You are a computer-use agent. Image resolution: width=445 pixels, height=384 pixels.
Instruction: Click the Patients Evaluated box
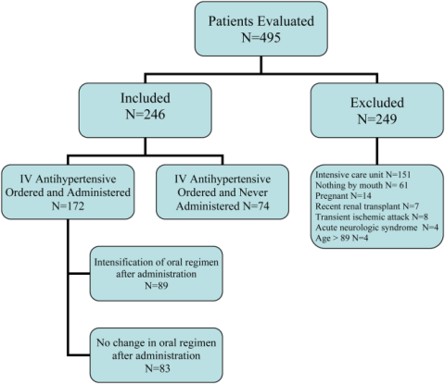(261, 29)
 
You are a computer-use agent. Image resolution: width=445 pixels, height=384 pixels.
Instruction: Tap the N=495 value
(261, 38)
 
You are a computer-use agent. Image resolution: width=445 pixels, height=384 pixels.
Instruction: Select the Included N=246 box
(146, 110)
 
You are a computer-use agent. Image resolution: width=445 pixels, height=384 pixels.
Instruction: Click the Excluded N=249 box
(377, 110)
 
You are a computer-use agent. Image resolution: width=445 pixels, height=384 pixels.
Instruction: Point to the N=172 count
(68, 205)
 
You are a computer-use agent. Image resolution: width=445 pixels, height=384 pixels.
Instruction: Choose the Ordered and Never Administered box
(222, 192)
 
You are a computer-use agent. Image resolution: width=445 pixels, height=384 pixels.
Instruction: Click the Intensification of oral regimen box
(156, 274)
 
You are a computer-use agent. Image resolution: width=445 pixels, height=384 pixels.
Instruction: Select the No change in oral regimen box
(156, 355)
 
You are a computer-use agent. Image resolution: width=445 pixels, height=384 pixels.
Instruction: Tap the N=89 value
(157, 285)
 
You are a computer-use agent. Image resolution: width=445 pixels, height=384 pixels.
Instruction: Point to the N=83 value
(158, 368)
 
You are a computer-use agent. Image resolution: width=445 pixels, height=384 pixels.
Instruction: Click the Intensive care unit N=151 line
(362, 175)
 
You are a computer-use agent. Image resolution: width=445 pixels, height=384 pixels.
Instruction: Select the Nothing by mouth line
(362, 185)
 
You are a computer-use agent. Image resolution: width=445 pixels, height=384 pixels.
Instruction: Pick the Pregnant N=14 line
(343, 196)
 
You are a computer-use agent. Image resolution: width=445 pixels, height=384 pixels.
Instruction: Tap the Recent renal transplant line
(367, 206)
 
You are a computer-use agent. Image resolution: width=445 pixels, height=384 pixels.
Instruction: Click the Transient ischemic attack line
(372, 217)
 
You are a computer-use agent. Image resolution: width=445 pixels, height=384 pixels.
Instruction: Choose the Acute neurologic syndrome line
(376, 228)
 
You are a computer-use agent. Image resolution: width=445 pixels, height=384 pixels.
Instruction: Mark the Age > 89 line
(342, 238)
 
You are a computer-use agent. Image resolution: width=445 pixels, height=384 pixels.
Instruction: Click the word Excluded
(377, 103)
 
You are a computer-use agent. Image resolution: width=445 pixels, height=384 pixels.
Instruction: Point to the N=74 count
(256, 205)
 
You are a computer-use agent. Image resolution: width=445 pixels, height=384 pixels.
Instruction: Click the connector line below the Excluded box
(377, 151)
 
